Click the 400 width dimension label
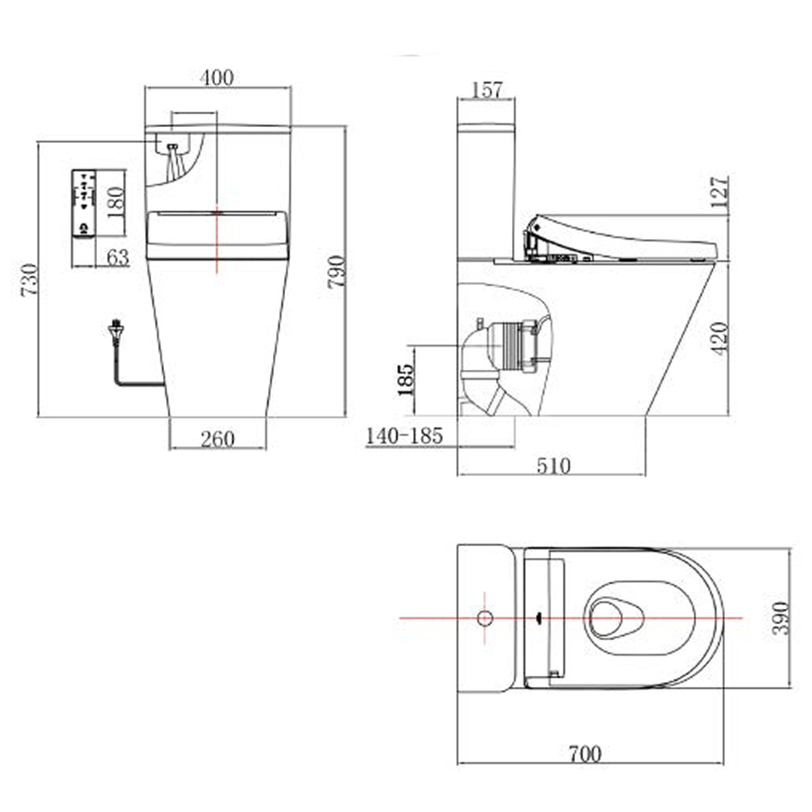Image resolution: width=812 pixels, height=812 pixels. (217, 77)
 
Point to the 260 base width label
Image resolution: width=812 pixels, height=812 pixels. (217, 438)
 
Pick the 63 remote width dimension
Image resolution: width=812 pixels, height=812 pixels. (117, 258)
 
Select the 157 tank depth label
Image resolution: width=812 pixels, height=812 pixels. (486, 89)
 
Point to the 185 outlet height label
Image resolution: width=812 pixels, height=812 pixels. (404, 380)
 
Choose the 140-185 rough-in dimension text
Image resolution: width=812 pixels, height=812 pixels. (404, 435)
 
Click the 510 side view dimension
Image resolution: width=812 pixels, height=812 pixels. (553, 466)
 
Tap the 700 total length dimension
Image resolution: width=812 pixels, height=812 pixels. (585, 753)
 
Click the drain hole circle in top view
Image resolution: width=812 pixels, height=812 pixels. (485, 618)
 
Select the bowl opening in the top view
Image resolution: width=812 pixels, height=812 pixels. (614, 618)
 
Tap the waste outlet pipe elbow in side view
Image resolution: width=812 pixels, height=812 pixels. (477, 357)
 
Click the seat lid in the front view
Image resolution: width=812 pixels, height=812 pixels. (217, 235)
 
